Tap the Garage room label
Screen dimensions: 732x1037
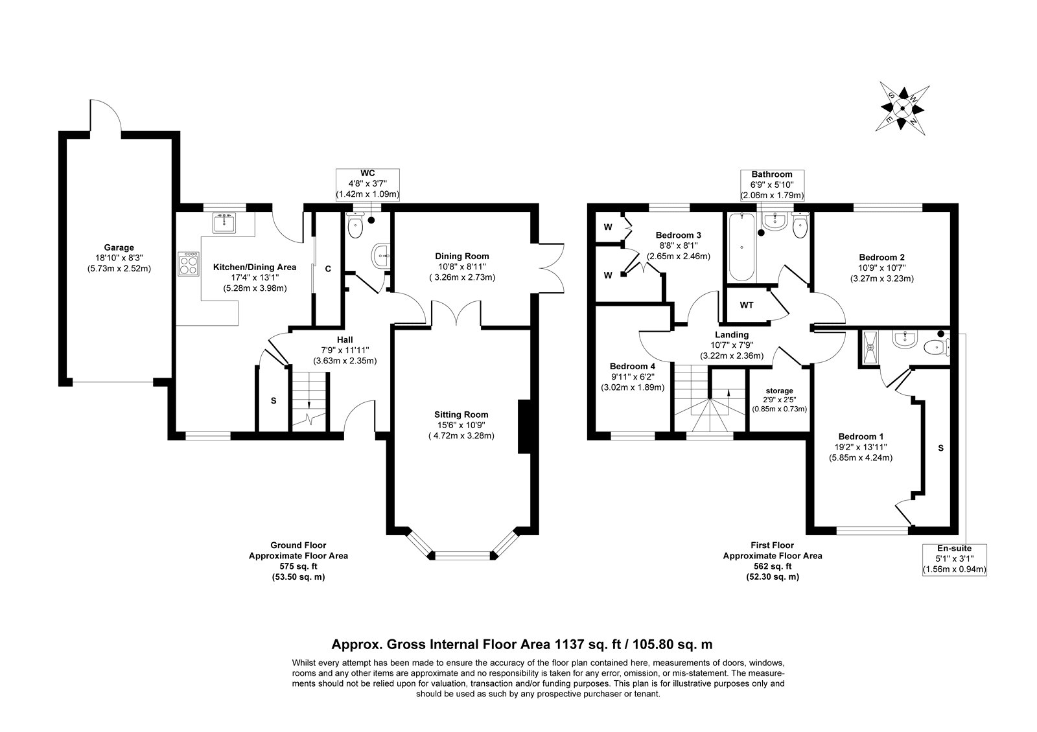tap(119, 247)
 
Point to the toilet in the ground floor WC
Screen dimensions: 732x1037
tap(355, 226)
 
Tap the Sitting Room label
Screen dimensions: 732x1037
tap(461, 415)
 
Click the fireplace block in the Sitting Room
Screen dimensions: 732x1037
tap(524, 427)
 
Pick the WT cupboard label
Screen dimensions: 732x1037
tap(747, 304)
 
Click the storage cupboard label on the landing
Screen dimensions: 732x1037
tap(779, 391)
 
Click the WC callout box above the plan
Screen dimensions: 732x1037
tap(367, 184)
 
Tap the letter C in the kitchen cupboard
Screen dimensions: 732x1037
tap(328, 268)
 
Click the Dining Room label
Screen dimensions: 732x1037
tap(461, 256)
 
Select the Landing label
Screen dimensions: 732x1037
tap(732, 334)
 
